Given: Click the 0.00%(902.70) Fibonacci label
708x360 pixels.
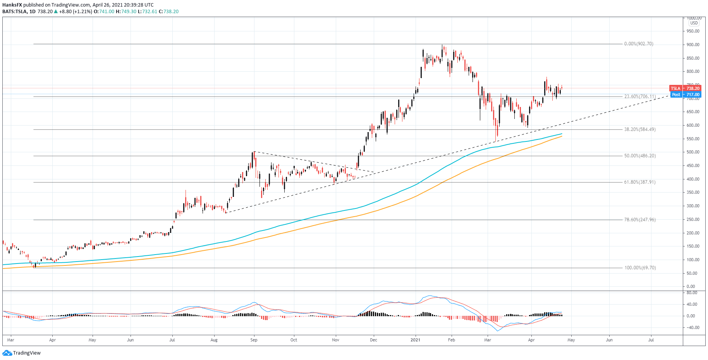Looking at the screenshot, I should tap(638, 44).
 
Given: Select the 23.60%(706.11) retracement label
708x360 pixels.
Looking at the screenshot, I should tap(639, 96).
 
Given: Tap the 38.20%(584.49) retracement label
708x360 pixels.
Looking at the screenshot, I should tap(639, 129).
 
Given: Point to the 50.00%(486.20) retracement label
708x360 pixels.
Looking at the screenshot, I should tap(639, 156).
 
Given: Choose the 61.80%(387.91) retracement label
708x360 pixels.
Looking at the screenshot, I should tap(639, 182).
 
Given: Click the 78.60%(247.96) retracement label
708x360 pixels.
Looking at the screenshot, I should tap(639, 220).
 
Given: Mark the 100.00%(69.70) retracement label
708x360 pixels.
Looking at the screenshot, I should tap(640, 268).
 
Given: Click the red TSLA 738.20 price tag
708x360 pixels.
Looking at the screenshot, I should tap(687, 88).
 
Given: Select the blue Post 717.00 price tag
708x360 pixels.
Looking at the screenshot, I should tap(687, 95).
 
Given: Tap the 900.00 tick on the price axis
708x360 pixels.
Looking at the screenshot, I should tap(693, 45).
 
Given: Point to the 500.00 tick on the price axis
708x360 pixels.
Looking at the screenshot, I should tap(693, 152).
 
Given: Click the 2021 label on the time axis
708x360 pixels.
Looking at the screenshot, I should tap(415, 340).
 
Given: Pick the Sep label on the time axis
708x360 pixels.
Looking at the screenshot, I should tap(254, 340).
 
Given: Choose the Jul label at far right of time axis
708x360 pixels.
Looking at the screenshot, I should tap(651, 340).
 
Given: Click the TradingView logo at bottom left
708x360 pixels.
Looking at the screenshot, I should tap(22, 353).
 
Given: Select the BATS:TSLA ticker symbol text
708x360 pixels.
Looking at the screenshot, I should tap(14, 12).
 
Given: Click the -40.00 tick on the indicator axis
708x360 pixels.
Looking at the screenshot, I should tap(693, 327).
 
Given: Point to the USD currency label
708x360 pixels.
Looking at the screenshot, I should tap(694, 23).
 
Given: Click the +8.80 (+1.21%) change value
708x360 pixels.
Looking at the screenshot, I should tap(76, 12).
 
